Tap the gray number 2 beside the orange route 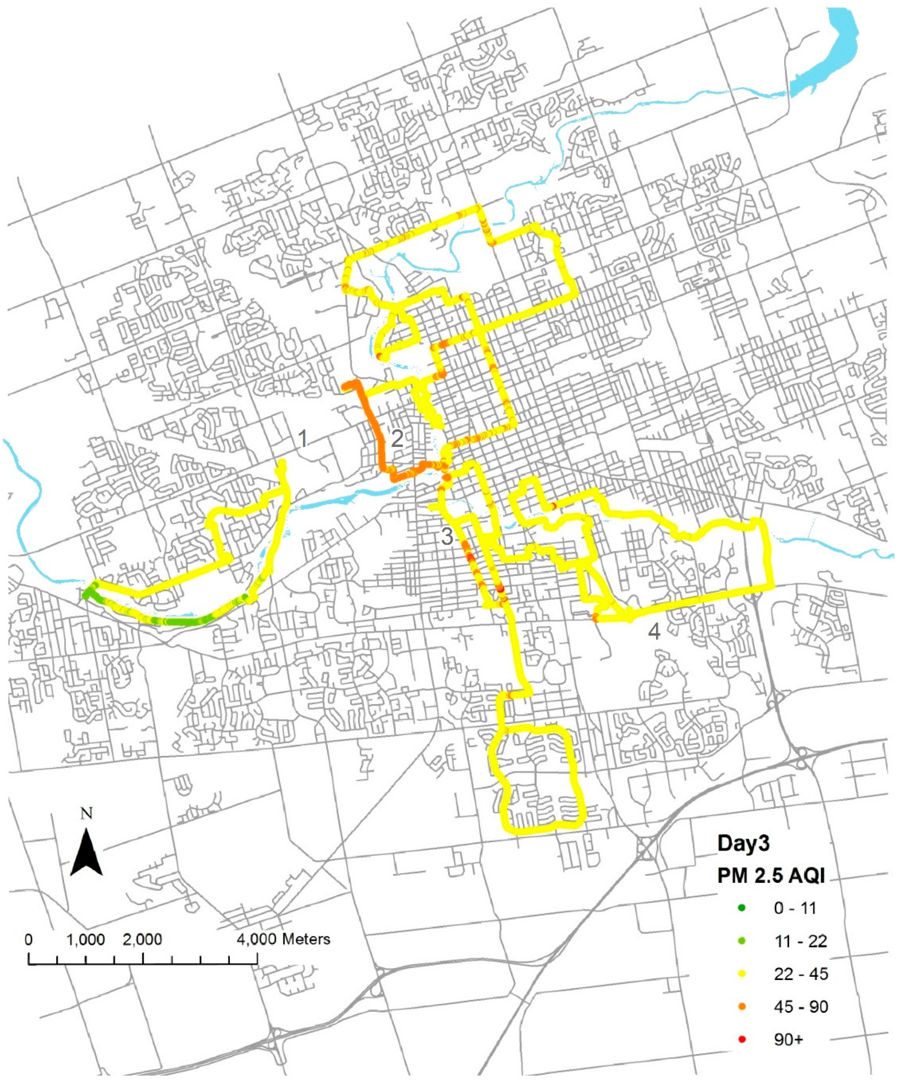pyautogui.click(x=397, y=439)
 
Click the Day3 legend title pyautogui.click(x=743, y=843)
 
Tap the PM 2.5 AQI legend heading pyautogui.click(x=771, y=876)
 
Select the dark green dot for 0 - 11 pyautogui.click(x=742, y=908)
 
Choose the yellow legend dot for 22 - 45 pyautogui.click(x=742, y=974)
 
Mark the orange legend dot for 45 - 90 pyautogui.click(x=742, y=1007)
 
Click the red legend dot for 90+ pyautogui.click(x=742, y=1039)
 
